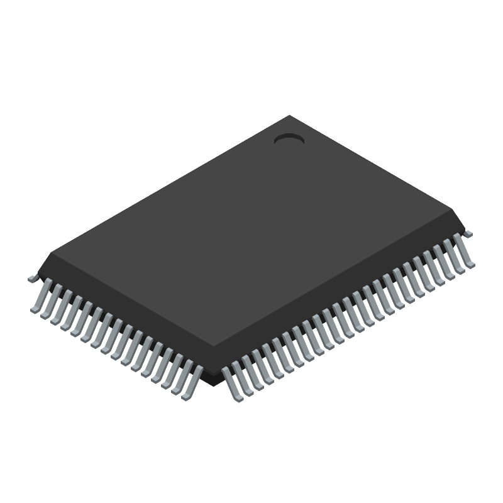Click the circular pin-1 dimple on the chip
[x=289, y=139]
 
